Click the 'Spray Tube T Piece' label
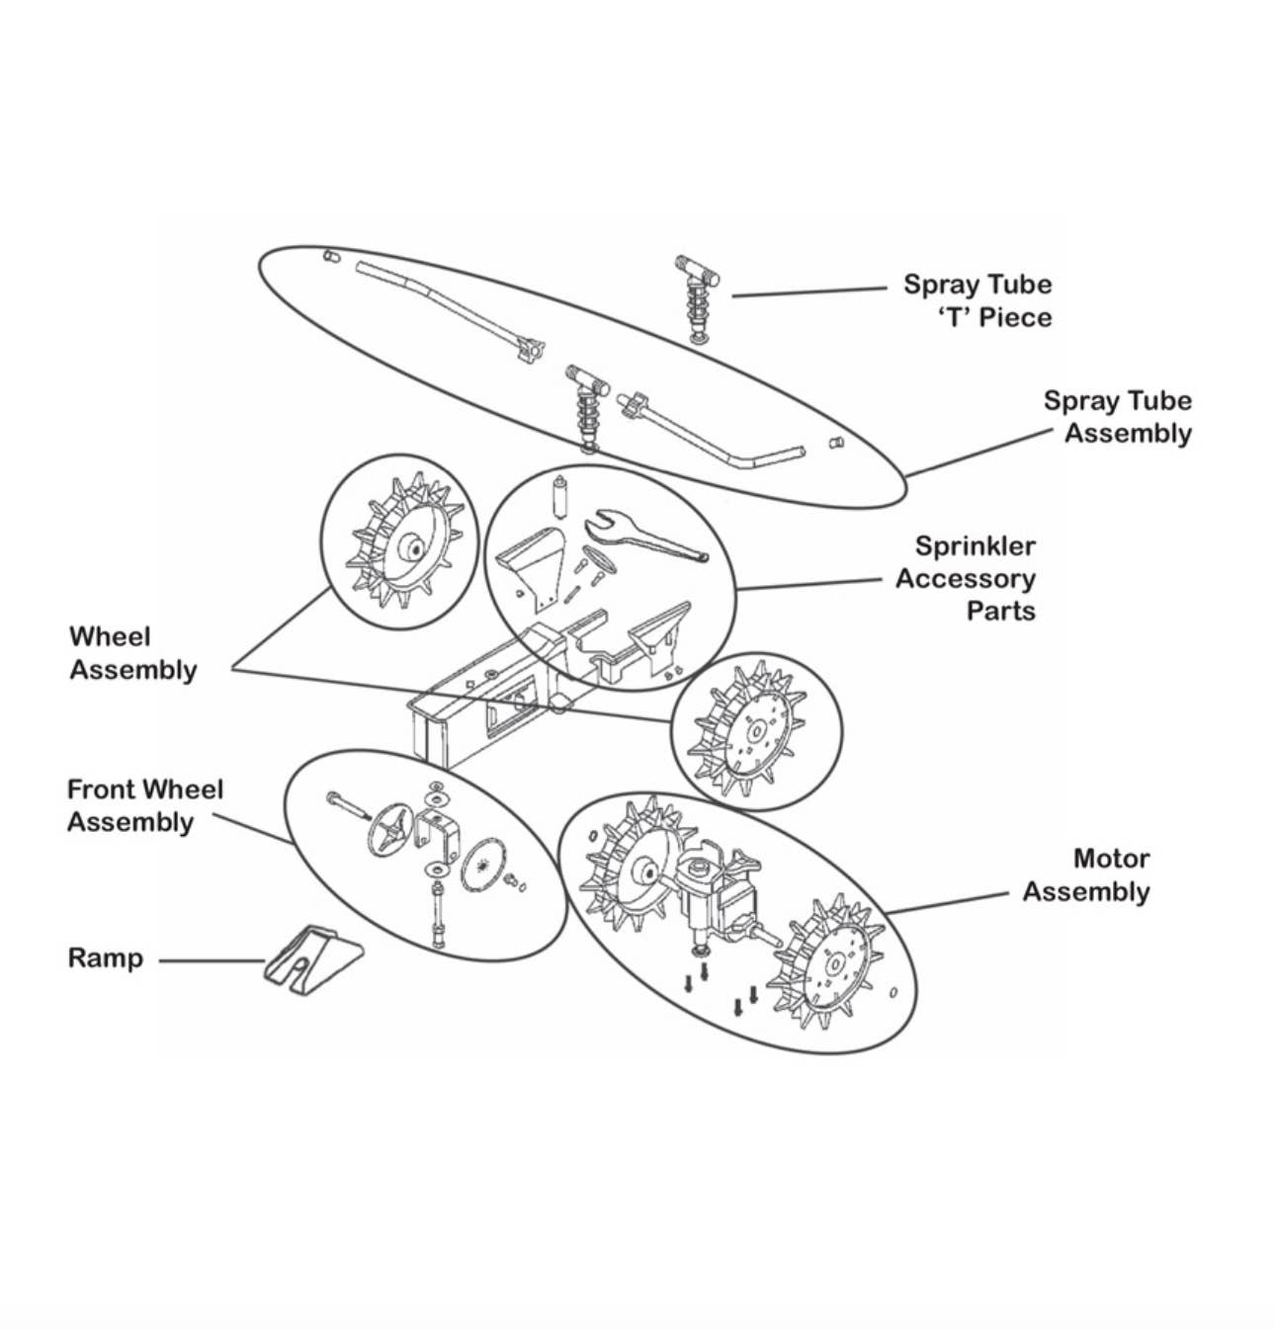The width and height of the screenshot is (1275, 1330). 977,300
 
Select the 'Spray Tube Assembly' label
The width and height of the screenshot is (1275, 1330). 1117,416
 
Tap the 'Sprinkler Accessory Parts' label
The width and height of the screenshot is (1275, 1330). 966,578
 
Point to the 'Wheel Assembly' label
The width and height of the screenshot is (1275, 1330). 132,653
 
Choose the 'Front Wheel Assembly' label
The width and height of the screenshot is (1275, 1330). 145,805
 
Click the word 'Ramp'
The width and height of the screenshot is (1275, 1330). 106,958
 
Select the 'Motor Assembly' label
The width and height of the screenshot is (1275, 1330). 1085,874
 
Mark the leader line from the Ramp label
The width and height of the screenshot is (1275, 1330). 212,960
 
